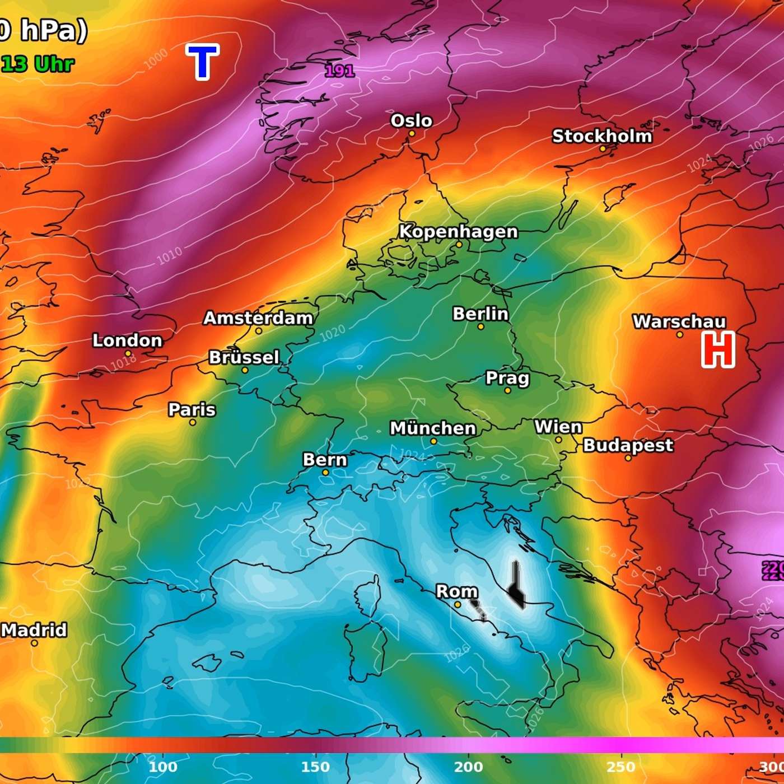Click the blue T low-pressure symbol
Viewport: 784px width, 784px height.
point(202,62)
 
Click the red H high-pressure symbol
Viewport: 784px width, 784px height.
point(718,349)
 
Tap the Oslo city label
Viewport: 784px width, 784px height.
point(411,120)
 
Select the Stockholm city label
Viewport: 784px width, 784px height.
point(602,136)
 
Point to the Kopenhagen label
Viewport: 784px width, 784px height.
point(458,231)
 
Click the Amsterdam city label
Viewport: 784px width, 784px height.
point(258,318)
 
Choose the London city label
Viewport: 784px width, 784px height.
point(127,340)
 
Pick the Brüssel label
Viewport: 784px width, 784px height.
point(244,357)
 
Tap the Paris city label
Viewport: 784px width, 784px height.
point(192,409)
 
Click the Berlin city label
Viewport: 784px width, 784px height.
point(480,314)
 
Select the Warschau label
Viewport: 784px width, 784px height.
point(679,321)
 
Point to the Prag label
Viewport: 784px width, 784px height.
point(507,378)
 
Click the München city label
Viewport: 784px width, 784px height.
point(432,428)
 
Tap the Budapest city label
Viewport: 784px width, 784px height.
point(628,445)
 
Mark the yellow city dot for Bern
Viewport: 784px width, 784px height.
point(325,473)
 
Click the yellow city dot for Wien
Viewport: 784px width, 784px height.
point(558,440)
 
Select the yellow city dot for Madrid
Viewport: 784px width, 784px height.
point(34,643)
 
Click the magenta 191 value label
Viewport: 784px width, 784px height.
point(339,71)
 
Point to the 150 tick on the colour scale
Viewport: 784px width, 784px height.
point(315,767)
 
